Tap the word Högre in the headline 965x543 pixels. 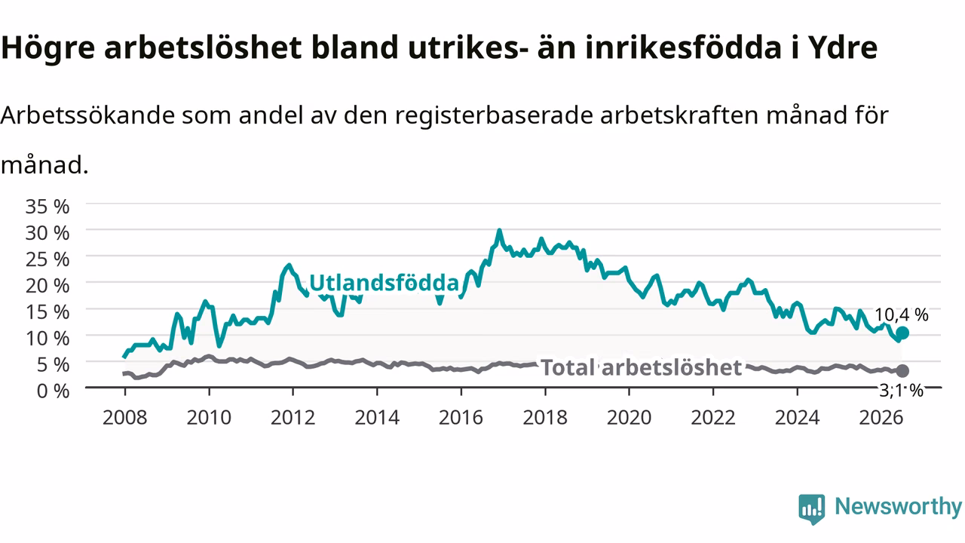pyautogui.click(x=47, y=48)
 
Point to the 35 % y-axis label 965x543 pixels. pyautogui.click(x=47, y=207)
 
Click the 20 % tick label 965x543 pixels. pyautogui.click(x=47, y=286)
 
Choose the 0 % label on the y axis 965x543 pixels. pyautogui.click(x=53, y=391)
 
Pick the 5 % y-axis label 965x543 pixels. pyautogui.click(x=53, y=365)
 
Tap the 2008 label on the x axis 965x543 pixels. pyautogui.click(x=125, y=418)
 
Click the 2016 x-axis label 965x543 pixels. pyautogui.click(x=461, y=418)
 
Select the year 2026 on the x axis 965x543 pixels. pyautogui.click(x=881, y=418)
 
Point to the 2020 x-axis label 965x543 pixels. pyautogui.click(x=629, y=418)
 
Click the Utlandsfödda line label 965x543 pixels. pyautogui.click(x=384, y=283)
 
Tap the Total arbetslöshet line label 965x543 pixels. pyautogui.click(x=641, y=367)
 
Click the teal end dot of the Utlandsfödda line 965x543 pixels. pyautogui.click(x=902, y=333)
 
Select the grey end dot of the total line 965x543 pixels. pyautogui.click(x=902, y=370)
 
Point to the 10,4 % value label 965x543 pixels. pyautogui.click(x=901, y=315)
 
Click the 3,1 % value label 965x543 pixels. pyautogui.click(x=901, y=391)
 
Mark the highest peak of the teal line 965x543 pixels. pyautogui.click(x=499, y=231)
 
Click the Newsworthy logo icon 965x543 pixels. pyautogui.click(x=812, y=509)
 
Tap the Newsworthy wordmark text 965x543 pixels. pyautogui.click(x=898, y=507)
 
